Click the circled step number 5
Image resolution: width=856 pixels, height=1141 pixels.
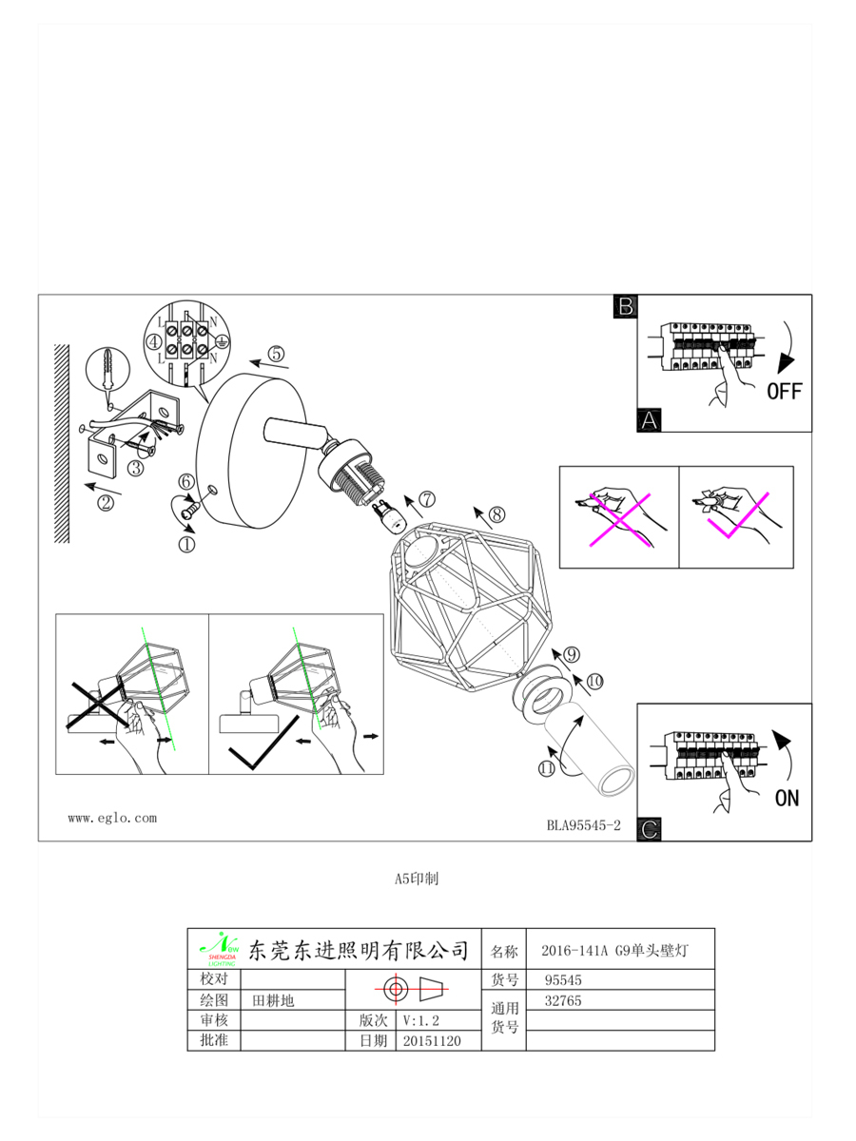click(x=276, y=354)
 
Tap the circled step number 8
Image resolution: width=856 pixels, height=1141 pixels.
click(x=496, y=514)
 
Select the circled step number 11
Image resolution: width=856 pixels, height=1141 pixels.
click(x=546, y=767)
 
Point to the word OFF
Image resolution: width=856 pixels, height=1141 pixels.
click(x=785, y=392)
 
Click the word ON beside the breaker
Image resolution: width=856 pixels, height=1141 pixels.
click(x=787, y=798)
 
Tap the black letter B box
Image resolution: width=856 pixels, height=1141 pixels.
click(x=625, y=307)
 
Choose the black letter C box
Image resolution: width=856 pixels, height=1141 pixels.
click(x=650, y=828)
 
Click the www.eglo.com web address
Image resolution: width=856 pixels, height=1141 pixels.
click(x=112, y=819)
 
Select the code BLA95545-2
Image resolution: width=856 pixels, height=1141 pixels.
click(x=583, y=825)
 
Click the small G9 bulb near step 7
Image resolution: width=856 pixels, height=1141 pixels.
click(x=390, y=514)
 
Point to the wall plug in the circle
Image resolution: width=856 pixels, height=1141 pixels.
click(x=107, y=371)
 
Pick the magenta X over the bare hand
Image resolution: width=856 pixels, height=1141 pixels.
click(x=619, y=520)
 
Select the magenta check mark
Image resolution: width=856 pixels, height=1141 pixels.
click(x=738, y=515)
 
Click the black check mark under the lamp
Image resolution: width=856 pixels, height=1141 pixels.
click(x=264, y=743)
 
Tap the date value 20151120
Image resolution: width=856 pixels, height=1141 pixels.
click(x=432, y=1040)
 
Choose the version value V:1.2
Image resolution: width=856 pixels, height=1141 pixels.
click(x=420, y=1020)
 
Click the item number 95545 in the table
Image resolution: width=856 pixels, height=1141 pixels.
click(x=563, y=980)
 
